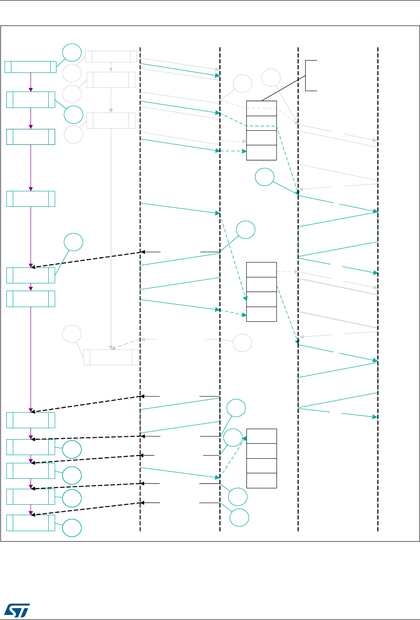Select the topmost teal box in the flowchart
(x=30, y=66)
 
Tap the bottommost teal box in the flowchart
(x=30, y=523)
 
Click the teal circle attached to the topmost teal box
(x=72, y=53)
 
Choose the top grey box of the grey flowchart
(x=111, y=56)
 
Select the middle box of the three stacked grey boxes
(x=111, y=80)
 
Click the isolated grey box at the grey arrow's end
(x=111, y=357)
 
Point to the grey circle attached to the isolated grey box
(x=72, y=334)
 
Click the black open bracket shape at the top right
(x=310, y=75)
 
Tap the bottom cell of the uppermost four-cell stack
(x=261, y=153)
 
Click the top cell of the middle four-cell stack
(x=261, y=270)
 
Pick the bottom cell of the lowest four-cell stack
(x=261, y=481)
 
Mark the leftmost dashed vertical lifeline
(x=140, y=292)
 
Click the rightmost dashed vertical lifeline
(x=378, y=292)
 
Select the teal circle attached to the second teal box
(x=72, y=114)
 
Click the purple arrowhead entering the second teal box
(x=31, y=90)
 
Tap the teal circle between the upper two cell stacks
(x=264, y=178)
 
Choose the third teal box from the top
(x=31, y=137)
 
